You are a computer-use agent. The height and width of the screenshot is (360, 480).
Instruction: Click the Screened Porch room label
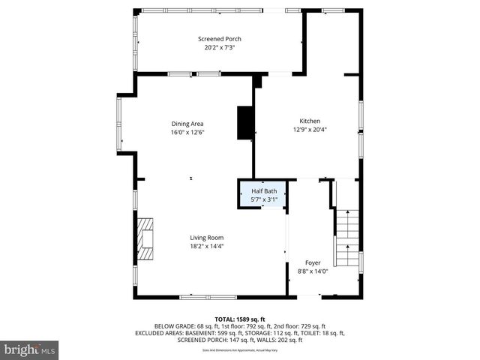[x=219, y=39]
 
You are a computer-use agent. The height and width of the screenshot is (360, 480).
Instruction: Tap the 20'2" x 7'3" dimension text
[x=219, y=48]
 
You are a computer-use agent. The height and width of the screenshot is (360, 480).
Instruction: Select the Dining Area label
[x=187, y=124]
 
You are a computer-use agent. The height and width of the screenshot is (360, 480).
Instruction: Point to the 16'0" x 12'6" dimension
[x=187, y=132]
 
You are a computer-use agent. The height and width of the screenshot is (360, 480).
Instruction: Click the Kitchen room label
[x=310, y=121]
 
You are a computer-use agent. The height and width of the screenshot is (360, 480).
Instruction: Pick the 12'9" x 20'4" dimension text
[x=310, y=129]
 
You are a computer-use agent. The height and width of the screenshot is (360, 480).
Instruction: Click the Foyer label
[x=313, y=263]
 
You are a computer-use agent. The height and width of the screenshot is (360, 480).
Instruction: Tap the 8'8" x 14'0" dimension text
[x=313, y=271]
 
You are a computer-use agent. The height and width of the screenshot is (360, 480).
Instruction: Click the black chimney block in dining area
[x=245, y=123]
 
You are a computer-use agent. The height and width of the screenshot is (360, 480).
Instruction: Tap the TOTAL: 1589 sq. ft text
[x=239, y=319]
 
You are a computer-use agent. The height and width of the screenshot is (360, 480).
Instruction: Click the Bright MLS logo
[x=30, y=349]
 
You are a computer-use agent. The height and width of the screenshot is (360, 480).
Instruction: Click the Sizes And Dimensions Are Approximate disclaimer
[x=239, y=350]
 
